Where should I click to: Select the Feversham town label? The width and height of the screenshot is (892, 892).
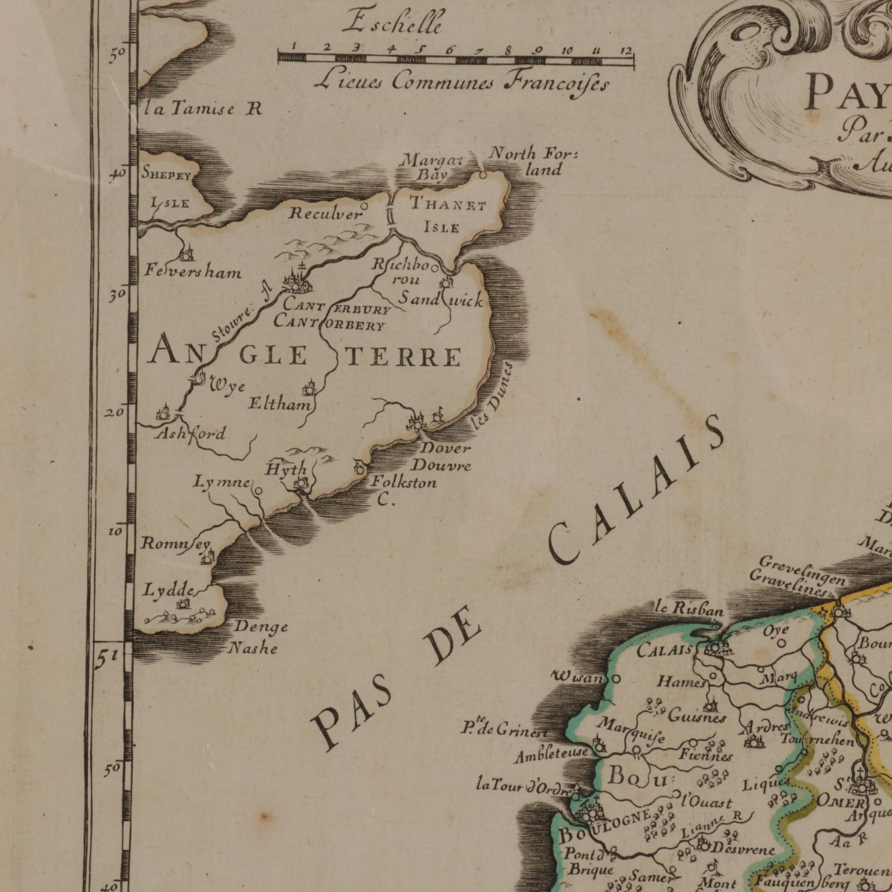tap(192, 272)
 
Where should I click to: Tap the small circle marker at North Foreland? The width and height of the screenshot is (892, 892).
tap(482, 175)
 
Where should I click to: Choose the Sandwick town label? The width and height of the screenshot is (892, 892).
tap(440, 301)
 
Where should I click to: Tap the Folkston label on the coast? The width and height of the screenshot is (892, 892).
tap(404, 483)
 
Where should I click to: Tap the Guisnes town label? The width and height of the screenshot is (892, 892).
tap(697, 718)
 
